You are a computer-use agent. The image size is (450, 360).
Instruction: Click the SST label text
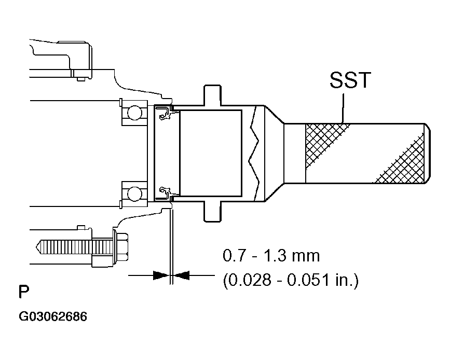[x=350, y=81]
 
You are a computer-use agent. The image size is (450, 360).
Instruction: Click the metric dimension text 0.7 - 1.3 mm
[x=271, y=256]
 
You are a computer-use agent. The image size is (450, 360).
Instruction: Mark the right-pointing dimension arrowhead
[x=161, y=275]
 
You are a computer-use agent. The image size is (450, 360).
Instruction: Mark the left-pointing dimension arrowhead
[x=182, y=275]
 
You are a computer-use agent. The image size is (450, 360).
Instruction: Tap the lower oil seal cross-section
[x=165, y=193]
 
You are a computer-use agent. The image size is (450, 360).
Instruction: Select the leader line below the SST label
[x=343, y=109]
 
